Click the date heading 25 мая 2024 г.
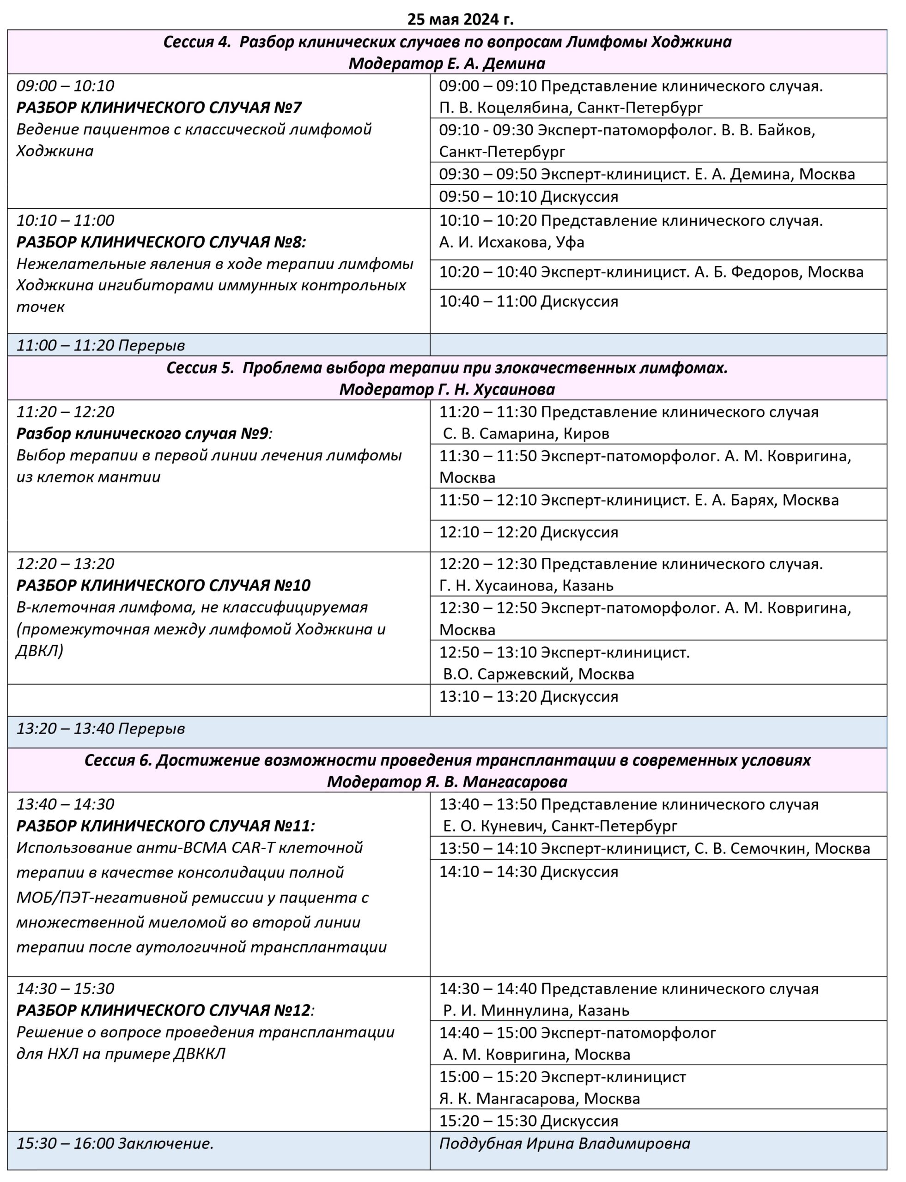click(460, 19)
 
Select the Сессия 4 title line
click(447, 42)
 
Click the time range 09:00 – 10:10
click(65, 86)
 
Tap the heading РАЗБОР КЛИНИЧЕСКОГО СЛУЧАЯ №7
click(159, 108)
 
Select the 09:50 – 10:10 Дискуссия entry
click(529, 196)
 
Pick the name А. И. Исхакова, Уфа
click(511, 242)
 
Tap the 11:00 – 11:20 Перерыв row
click(101, 345)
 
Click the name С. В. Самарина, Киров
click(526, 434)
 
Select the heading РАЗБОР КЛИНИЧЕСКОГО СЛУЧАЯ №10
click(164, 585)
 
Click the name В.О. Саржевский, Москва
click(538, 674)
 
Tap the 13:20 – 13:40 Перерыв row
click(101, 729)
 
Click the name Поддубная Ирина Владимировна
click(565, 1143)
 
